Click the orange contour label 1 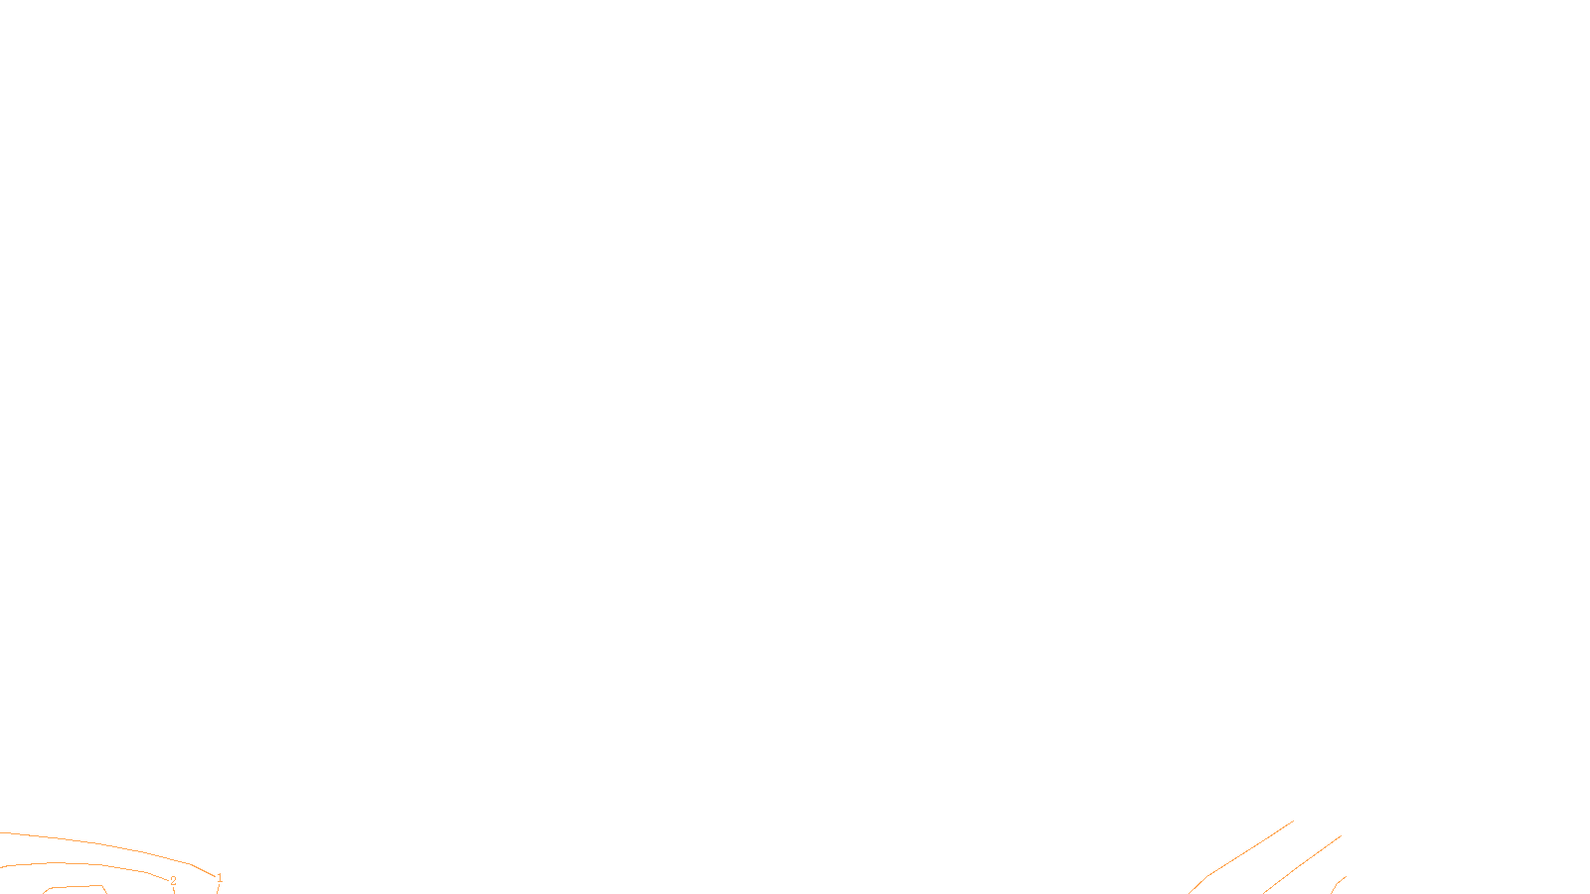(x=220, y=878)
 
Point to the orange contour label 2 (x=173, y=881)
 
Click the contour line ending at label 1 (x=99, y=844)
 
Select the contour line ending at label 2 (x=79, y=864)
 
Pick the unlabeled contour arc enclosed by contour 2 (x=75, y=887)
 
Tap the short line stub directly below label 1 (x=218, y=889)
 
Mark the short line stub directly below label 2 (x=175, y=890)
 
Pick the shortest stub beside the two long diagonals (x=1339, y=882)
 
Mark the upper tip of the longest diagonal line (x=1292, y=821)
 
